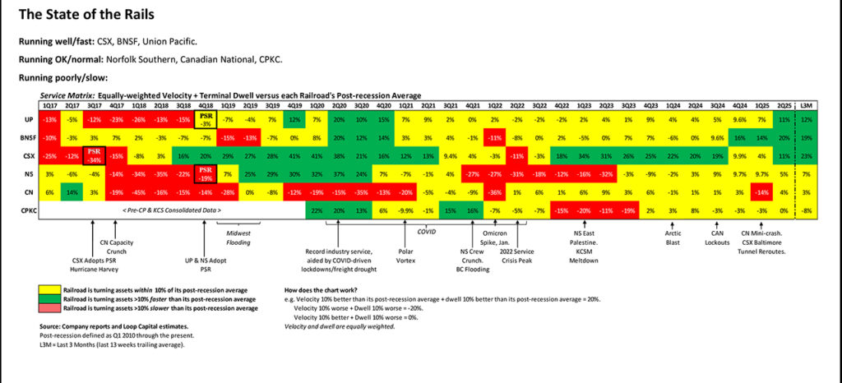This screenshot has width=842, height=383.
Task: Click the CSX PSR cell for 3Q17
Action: click(x=95, y=155)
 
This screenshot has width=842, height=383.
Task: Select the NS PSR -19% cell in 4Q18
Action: click(x=206, y=173)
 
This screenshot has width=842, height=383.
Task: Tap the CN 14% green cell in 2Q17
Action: click(x=72, y=191)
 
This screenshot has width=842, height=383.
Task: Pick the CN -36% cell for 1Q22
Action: click(x=495, y=191)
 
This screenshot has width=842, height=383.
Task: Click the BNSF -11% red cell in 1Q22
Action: click(x=495, y=136)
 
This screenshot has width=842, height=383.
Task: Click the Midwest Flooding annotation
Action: click(x=238, y=237)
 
